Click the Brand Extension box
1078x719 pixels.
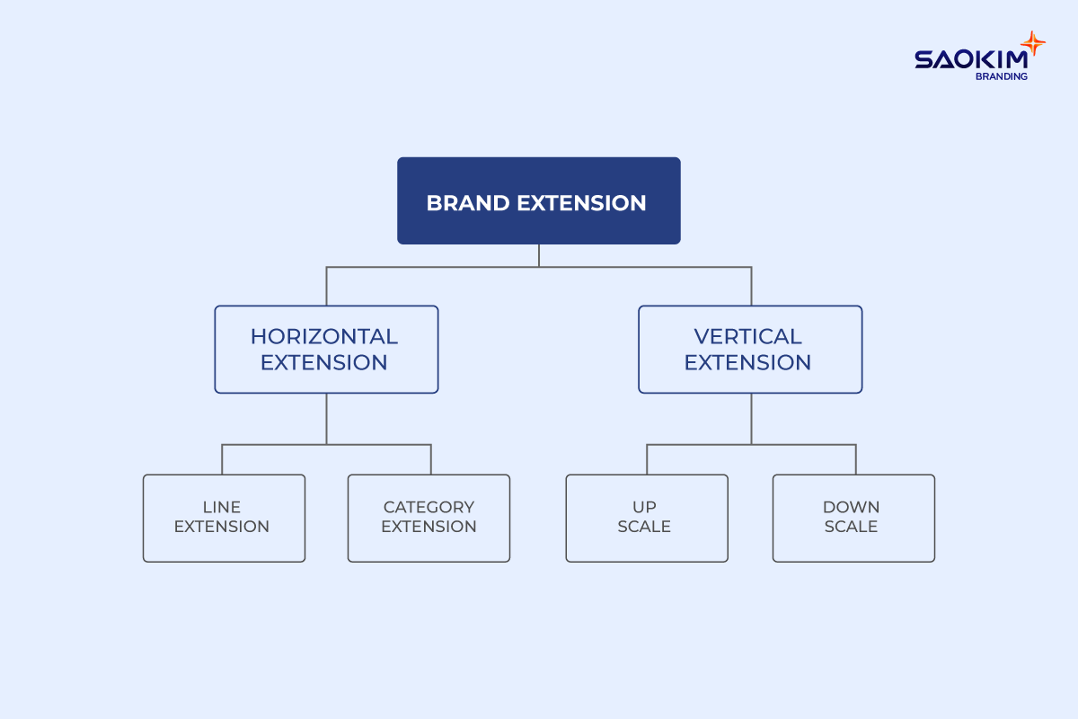[x=538, y=200]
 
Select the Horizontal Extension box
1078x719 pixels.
[x=326, y=349]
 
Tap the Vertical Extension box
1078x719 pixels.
[x=750, y=349]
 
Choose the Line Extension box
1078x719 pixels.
[x=224, y=518]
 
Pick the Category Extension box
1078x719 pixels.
[x=429, y=518]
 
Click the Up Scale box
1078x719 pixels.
[x=646, y=518]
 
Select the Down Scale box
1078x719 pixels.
[x=853, y=518]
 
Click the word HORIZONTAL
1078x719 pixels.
[x=324, y=337]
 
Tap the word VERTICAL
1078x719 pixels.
[x=748, y=337]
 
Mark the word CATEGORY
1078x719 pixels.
[x=429, y=508]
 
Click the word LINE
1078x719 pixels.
[x=222, y=508]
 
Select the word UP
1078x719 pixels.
[x=644, y=508]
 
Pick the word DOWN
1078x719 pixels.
[x=852, y=508]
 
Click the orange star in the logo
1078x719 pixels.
[x=1033, y=44]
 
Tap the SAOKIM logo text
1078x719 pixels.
[x=968, y=59]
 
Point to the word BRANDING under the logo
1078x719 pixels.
[x=1002, y=77]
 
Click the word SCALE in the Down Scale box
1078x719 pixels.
[x=852, y=528]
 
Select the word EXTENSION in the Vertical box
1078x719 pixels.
[x=748, y=363]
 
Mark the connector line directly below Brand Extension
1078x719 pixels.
[x=539, y=255]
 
